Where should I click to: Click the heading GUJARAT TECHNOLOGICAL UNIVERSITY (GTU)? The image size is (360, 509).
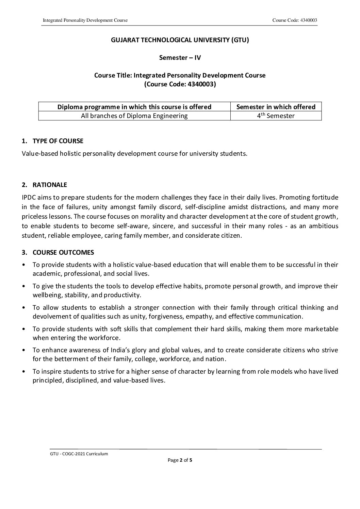tap(180, 40)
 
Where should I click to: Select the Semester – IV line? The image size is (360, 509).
tap(180, 58)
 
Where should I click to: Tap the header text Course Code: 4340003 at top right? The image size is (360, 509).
tap(295, 20)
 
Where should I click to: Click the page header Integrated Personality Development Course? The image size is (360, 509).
tap(85, 20)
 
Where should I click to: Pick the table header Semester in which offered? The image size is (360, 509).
tap(276, 107)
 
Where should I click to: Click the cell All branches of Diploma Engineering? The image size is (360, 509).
tap(134, 116)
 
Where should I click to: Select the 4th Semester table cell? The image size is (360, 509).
tap(276, 116)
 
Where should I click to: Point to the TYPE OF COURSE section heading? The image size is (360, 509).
tap(58, 141)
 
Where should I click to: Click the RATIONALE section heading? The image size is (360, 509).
tap(50, 185)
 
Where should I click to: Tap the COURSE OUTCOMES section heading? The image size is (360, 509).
tap(63, 252)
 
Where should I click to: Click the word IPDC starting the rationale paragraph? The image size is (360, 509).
tap(29, 197)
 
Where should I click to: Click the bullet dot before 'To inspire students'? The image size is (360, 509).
tap(23, 372)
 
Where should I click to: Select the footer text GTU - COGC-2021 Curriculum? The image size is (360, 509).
tap(79, 454)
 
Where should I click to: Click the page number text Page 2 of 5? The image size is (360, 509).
tap(180, 460)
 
